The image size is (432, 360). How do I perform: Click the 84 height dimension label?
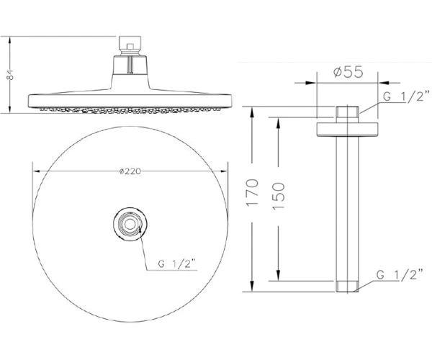(x=10, y=74)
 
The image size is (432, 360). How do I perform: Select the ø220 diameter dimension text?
(x=130, y=171)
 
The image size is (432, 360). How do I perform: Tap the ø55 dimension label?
(x=348, y=72)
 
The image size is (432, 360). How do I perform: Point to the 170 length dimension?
(x=253, y=192)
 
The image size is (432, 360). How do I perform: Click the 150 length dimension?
(x=278, y=196)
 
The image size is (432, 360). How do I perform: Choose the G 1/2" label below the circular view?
(x=176, y=264)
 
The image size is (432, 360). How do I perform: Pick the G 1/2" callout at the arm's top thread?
(x=406, y=96)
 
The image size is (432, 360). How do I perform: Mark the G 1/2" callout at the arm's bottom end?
(x=400, y=274)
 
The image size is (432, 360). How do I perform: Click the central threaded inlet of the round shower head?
(x=130, y=224)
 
